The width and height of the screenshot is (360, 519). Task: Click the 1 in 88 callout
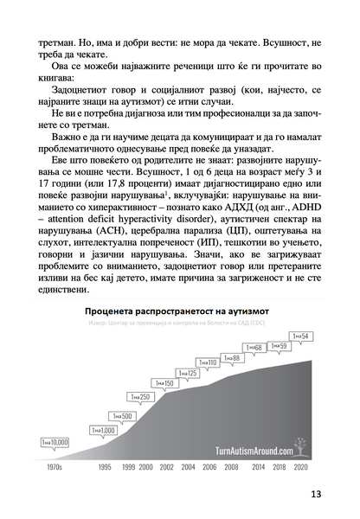click(x=231, y=357)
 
